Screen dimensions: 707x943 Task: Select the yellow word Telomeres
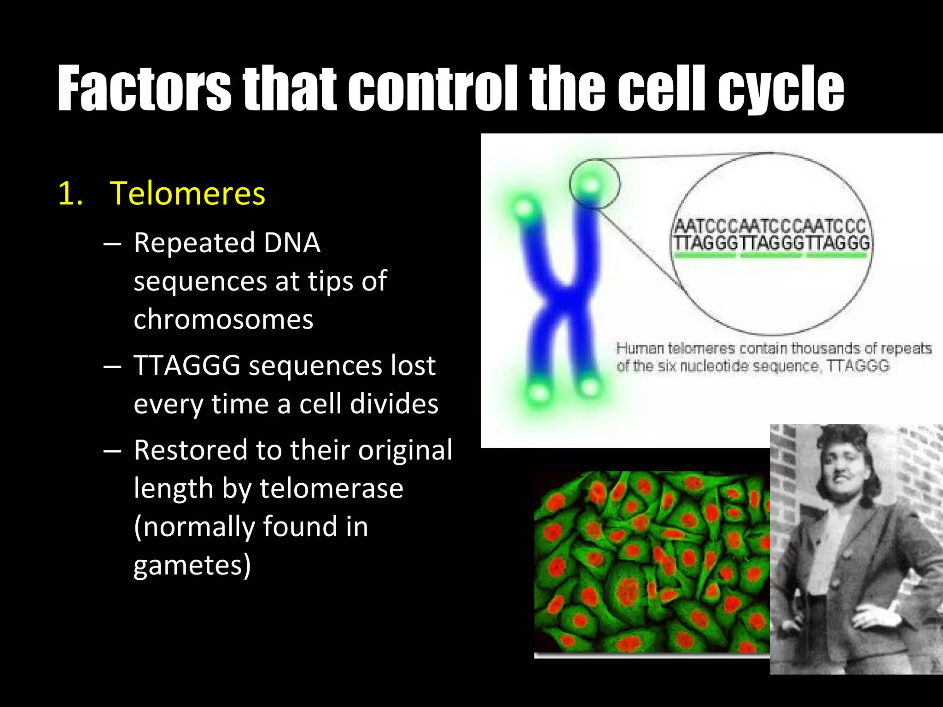coord(187,193)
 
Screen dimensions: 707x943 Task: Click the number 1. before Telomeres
coord(70,193)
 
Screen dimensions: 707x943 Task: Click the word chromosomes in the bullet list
coord(223,319)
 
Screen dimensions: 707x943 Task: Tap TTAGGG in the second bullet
coord(187,365)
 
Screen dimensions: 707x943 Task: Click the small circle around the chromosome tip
coord(594,184)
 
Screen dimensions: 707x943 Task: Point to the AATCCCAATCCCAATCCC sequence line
coord(770,226)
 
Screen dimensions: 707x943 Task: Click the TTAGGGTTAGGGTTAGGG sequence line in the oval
coord(771,243)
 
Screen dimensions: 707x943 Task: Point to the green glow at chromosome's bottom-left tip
coord(539,393)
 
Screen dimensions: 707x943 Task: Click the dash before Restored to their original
coord(112,450)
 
